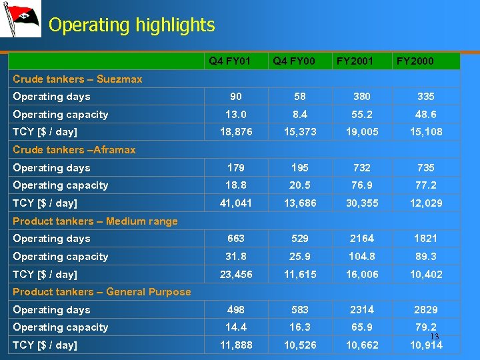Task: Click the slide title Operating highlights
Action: [132, 25]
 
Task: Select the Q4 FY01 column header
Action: [229, 61]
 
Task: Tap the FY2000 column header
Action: [415, 61]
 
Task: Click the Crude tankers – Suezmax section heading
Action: [77, 79]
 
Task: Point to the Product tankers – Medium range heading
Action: [95, 221]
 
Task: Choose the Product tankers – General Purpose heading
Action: [102, 291]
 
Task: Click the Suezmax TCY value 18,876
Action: [236, 132]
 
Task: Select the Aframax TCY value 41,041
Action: [236, 203]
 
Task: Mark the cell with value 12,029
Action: [426, 203]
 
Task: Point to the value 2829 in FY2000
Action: [426, 309]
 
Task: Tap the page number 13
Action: [435, 336]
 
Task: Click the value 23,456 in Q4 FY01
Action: [236, 274]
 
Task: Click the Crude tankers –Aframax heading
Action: [74, 150]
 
